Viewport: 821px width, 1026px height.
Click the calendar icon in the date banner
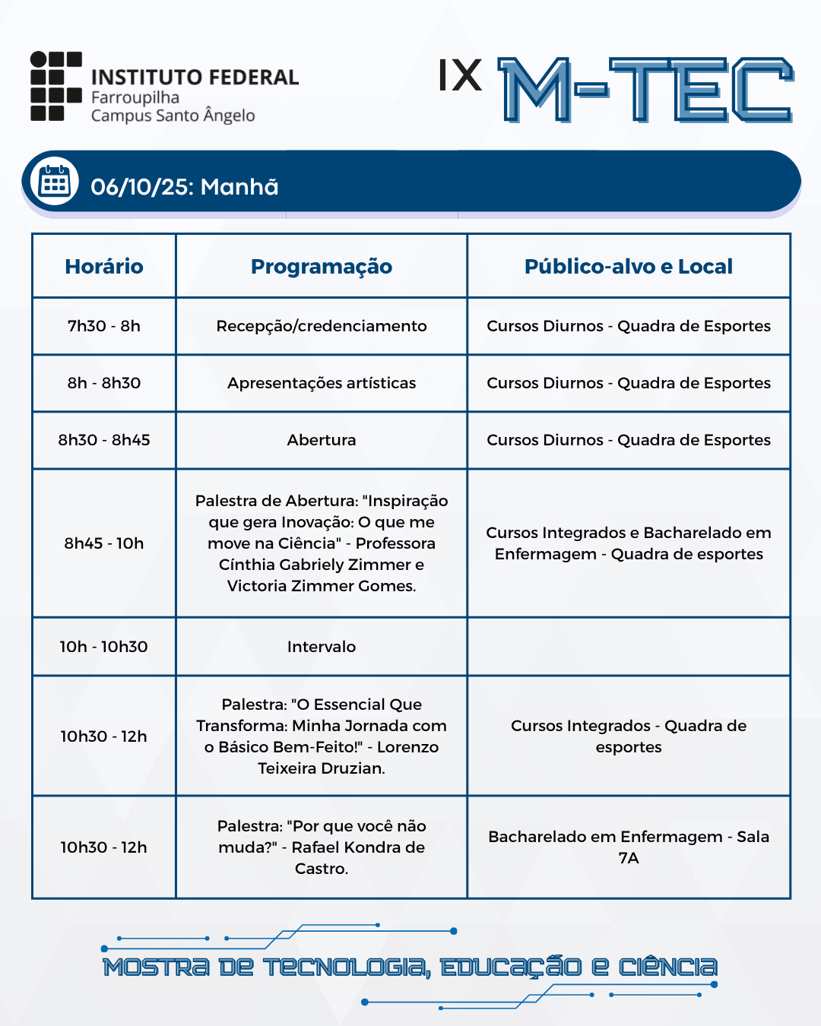[54, 182]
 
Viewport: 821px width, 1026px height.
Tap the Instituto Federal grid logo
[55, 86]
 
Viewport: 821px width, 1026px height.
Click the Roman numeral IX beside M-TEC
[460, 76]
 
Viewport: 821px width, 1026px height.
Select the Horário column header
[104, 267]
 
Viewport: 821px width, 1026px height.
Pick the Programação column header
[322, 267]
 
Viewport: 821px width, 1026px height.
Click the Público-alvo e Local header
[629, 267]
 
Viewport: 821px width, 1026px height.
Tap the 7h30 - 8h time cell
[104, 326]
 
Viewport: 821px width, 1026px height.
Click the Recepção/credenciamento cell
[322, 326]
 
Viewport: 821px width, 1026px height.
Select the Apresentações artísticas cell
[322, 383]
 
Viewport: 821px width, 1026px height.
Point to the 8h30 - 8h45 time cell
[104, 440]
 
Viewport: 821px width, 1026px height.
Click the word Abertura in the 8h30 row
[322, 440]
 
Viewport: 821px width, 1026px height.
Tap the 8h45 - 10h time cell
[104, 543]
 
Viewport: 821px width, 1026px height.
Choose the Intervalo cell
[322, 647]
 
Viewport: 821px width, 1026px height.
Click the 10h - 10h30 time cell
[104, 647]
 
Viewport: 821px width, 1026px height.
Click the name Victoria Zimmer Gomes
[322, 586]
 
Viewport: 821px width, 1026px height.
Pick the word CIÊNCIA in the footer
[667, 967]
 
